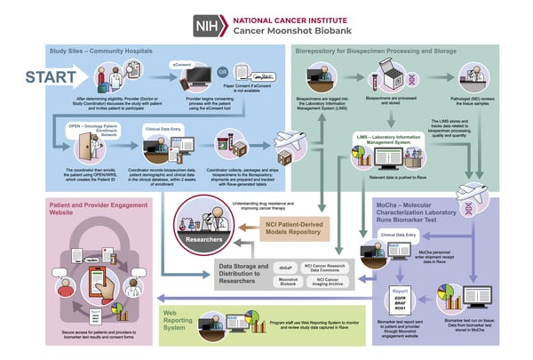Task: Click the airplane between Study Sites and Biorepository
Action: point(275,143)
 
